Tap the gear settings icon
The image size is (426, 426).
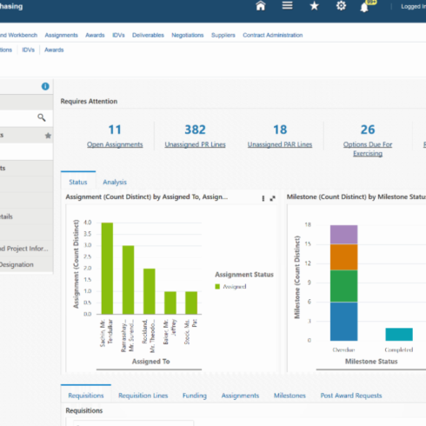tap(341, 7)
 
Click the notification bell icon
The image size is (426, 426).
tap(365, 7)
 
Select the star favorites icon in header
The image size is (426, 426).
tap(314, 7)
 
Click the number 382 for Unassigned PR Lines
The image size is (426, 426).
tap(195, 130)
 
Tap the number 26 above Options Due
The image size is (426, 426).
tap(368, 130)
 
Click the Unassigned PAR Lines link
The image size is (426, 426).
tap(280, 144)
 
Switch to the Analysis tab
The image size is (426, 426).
tap(115, 182)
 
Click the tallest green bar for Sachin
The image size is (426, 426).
tap(107, 268)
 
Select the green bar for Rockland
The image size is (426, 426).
tap(149, 291)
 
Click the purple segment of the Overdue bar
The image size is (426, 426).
tap(343, 234)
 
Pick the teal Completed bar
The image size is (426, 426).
tap(398, 334)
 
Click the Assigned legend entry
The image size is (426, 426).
tap(234, 285)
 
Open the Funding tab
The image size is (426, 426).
tap(194, 396)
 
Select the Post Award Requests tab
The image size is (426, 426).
tap(350, 396)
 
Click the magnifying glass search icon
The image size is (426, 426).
tap(41, 116)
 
